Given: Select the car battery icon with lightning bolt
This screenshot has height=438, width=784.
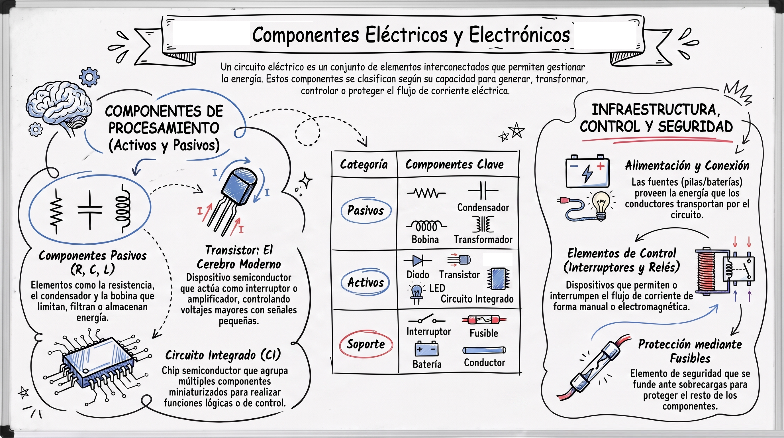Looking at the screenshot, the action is point(587,171).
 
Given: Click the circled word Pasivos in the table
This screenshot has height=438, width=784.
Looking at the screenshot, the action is point(366,210).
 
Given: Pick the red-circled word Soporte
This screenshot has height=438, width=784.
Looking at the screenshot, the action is point(366,344).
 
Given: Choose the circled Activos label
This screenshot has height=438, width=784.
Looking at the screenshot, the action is point(365,282).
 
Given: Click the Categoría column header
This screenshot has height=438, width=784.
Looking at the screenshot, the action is point(364,165).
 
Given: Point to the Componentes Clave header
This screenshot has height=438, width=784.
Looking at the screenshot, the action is point(454,165).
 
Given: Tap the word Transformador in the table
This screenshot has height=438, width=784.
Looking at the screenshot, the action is point(483,240).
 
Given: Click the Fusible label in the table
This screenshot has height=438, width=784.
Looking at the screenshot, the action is point(484,333).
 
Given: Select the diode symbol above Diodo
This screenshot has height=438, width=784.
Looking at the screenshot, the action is point(418,261).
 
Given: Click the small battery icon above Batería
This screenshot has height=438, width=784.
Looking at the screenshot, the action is point(427,349).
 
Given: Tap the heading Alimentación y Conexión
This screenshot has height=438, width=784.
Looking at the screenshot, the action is point(687,166).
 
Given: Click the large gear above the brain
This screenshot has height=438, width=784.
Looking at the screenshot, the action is point(89,77).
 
